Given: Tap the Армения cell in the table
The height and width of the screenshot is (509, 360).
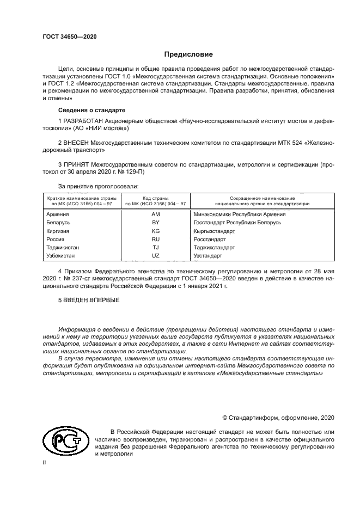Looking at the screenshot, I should click(58, 214).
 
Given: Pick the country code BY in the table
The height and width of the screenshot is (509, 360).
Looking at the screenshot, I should click(155, 223).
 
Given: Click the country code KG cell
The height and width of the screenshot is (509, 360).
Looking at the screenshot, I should click(155, 231).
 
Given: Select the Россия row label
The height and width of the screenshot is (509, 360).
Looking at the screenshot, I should click(56, 239).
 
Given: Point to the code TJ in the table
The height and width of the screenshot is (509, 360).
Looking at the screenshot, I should click(155, 247).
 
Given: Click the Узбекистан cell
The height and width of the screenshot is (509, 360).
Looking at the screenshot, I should click(61, 255).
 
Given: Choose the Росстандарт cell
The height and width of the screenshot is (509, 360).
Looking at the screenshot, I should click(210, 239).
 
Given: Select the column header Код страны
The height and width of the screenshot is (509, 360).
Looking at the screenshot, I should click(155, 199).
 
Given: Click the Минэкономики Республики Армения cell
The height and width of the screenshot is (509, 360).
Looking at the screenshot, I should click(240, 214).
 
